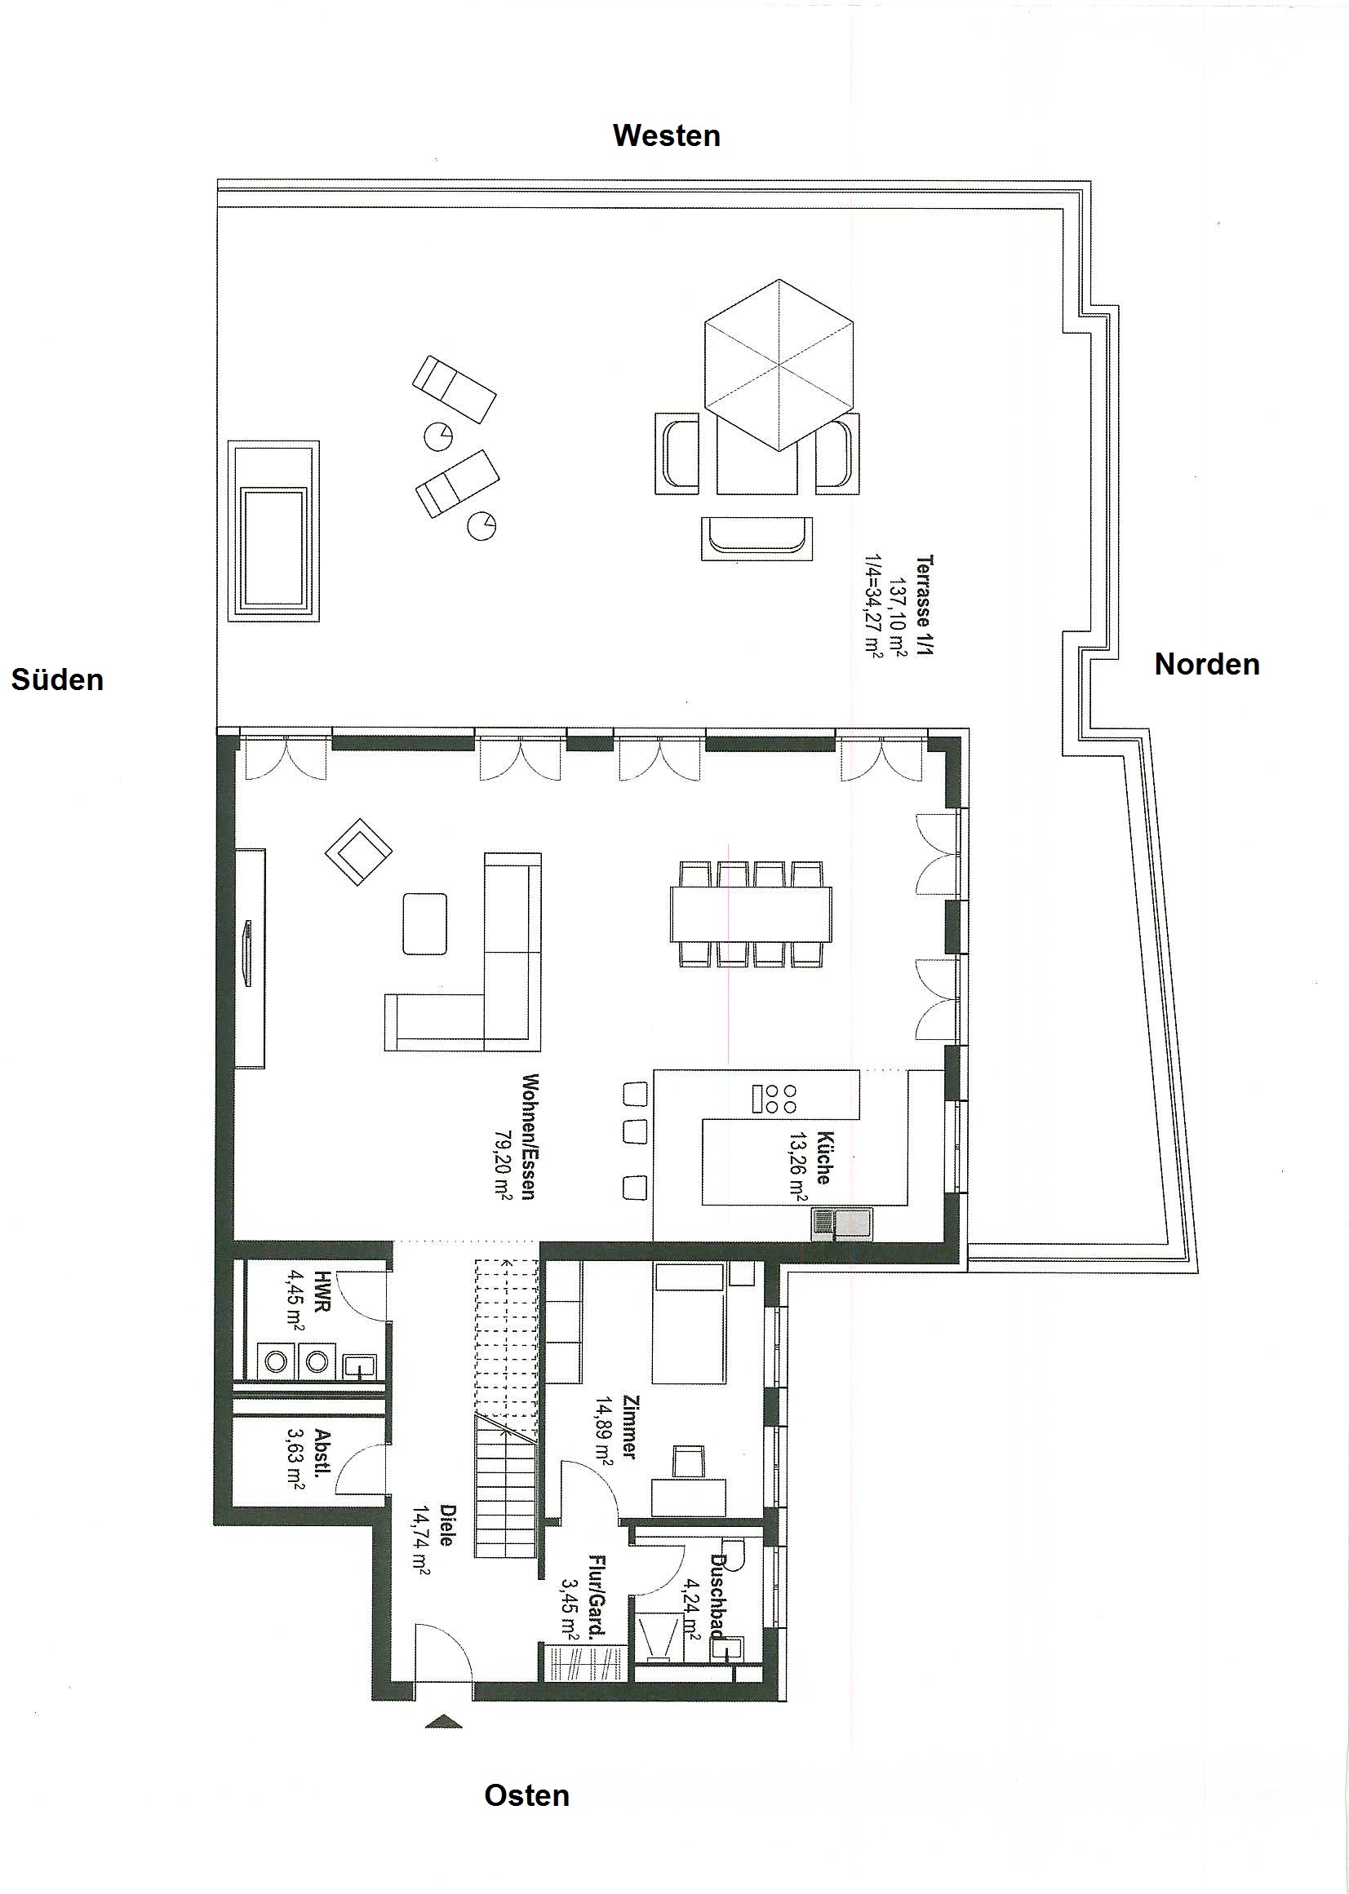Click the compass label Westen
pyautogui.click(x=666, y=135)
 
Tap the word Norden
pyautogui.click(x=1207, y=664)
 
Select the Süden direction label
pyautogui.click(x=57, y=680)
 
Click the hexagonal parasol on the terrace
pyautogui.click(x=779, y=365)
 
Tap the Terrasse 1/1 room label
pyautogui.click(x=925, y=605)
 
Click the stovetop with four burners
pyautogui.click(x=774, y=1099)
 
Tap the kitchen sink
pyautogui.click(x=841, y=1225)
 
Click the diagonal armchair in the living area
pyautogui.click(x=359, y=851)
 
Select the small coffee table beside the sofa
pyautogui.click(x=424, y=923)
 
